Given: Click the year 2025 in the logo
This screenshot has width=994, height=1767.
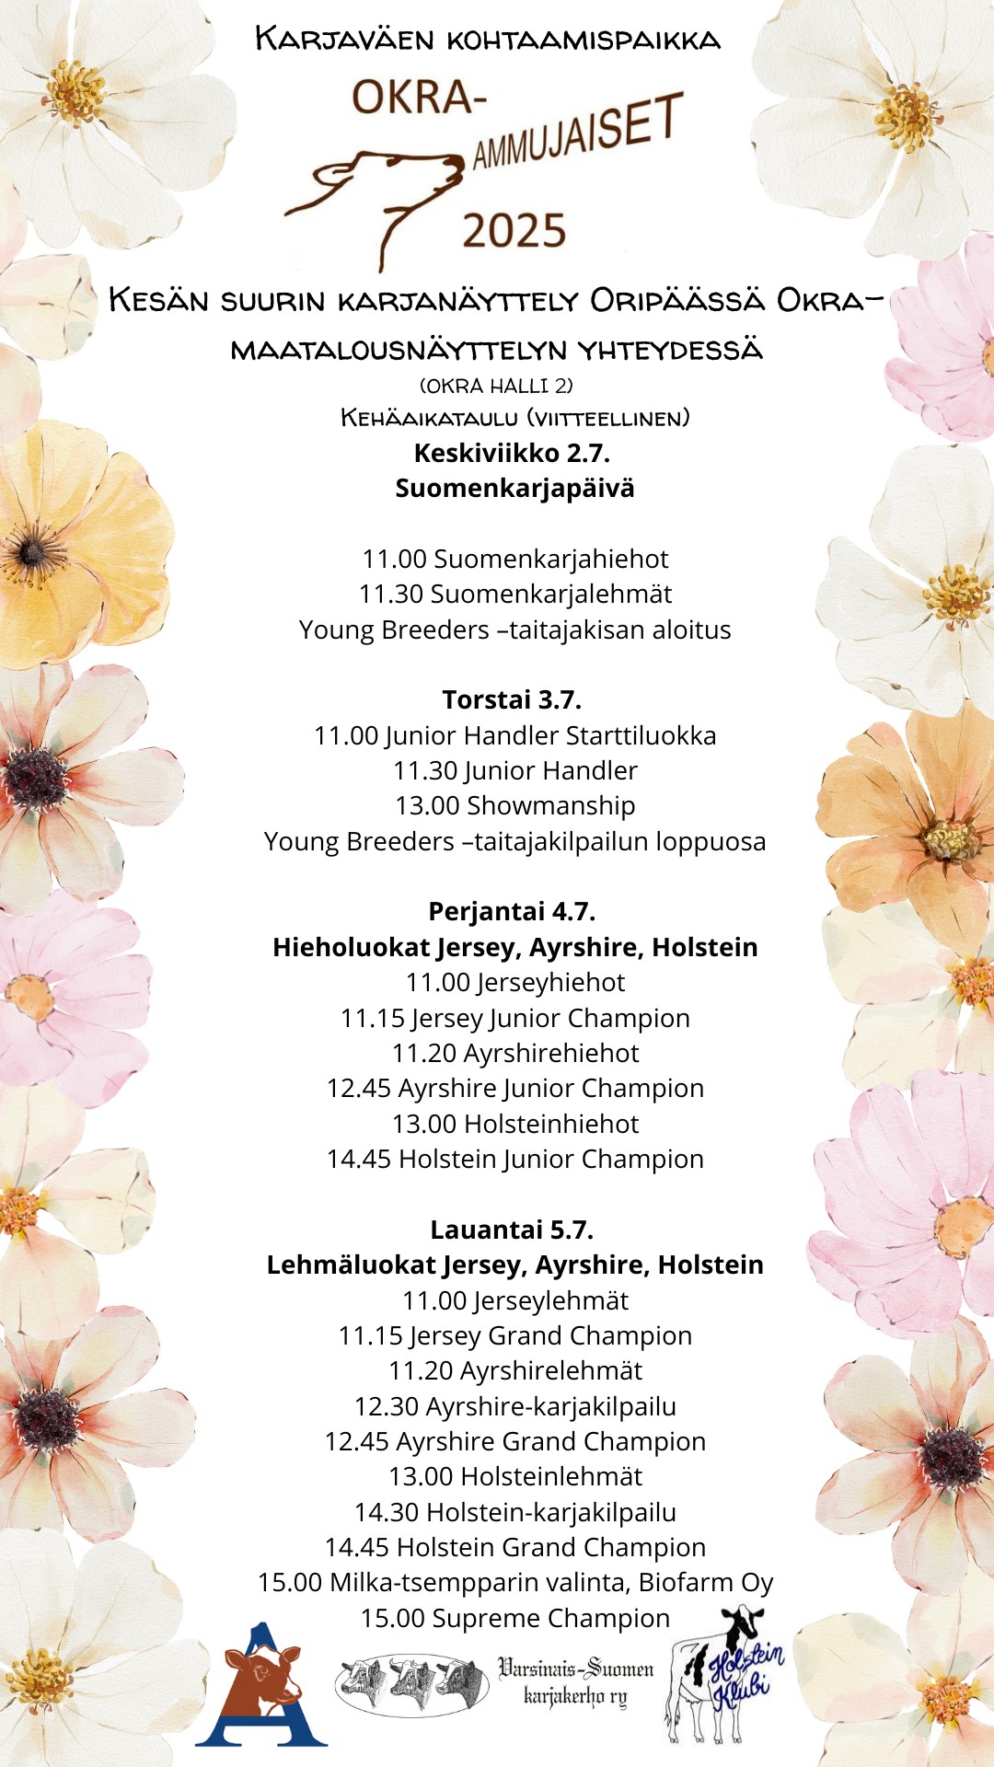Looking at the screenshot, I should coord(514,231).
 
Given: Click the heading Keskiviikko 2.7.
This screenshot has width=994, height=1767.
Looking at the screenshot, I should coord(512,453).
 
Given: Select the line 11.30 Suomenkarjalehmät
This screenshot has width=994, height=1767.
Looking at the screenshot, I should coord(514,594).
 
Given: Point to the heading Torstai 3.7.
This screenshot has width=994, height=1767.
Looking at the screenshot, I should coord(512,699).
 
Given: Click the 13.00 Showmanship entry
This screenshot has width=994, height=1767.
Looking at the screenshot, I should coord(514,805).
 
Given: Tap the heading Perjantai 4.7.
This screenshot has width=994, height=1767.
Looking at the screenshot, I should coord(512,911).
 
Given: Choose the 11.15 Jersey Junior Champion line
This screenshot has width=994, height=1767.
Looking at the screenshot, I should coord(514,1018).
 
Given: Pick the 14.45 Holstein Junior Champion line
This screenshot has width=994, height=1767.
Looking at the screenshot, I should coord(514,1159).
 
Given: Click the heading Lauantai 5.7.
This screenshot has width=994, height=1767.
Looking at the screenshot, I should coord(512,1230).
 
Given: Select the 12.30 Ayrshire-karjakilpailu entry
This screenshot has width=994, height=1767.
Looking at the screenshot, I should coord(514,1406).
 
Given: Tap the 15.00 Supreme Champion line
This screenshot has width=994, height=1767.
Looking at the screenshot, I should coord(514,1618).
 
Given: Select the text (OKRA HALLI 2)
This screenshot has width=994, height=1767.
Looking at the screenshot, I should coord(496,386).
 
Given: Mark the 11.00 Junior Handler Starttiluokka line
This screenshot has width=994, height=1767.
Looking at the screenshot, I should coord(514,735).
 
